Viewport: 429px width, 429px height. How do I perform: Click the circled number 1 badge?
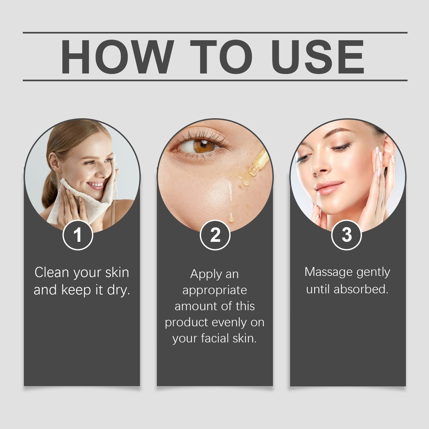tap(78, 235)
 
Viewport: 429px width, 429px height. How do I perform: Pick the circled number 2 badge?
tap(215, 235)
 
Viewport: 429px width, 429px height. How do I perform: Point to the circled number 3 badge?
tap(346, 235)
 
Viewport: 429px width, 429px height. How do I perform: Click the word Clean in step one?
tap(52, 272)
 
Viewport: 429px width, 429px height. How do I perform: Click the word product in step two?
tap(186, 323)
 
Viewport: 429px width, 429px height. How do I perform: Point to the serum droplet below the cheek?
tap(231, 217)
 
